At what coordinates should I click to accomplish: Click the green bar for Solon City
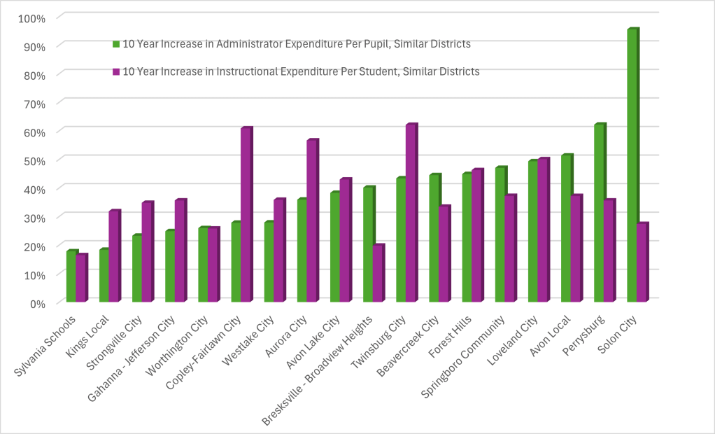coord(632,166)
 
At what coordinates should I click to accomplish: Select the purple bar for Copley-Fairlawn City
coord(246,215)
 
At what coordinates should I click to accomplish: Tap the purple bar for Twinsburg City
coord(411,213)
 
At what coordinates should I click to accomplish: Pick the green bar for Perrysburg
coord(599,213)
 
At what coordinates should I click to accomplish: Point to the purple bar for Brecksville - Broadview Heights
coord(378,273)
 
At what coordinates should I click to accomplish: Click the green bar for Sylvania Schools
coord(71,276)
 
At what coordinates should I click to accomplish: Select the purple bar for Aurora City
coord(311,220)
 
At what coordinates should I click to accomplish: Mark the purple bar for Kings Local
coord(114,256)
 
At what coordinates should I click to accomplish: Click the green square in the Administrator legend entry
coord(116,44)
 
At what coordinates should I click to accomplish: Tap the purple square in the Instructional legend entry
coord(116,71)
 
